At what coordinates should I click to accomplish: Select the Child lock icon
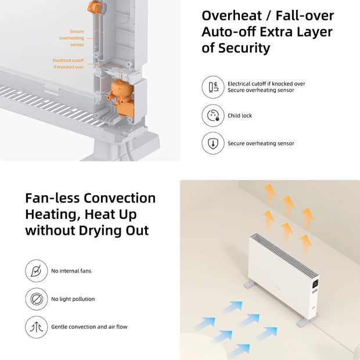click(213, 116)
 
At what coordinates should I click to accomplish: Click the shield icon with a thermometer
click(213, 143)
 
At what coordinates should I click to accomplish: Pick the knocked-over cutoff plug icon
click(213, 87)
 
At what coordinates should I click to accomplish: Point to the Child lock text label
click(240, 116)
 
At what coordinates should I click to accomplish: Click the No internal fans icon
click(36, 271)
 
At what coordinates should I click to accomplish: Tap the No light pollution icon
click(36, 299)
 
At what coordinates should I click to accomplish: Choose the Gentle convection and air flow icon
click(36, 327)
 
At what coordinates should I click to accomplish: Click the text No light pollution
click(73, 299)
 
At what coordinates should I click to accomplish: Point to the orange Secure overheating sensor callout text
click(71, 38)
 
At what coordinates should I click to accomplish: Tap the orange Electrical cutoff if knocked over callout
click(69, 63)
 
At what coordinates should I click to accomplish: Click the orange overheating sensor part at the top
click(93, 7)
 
